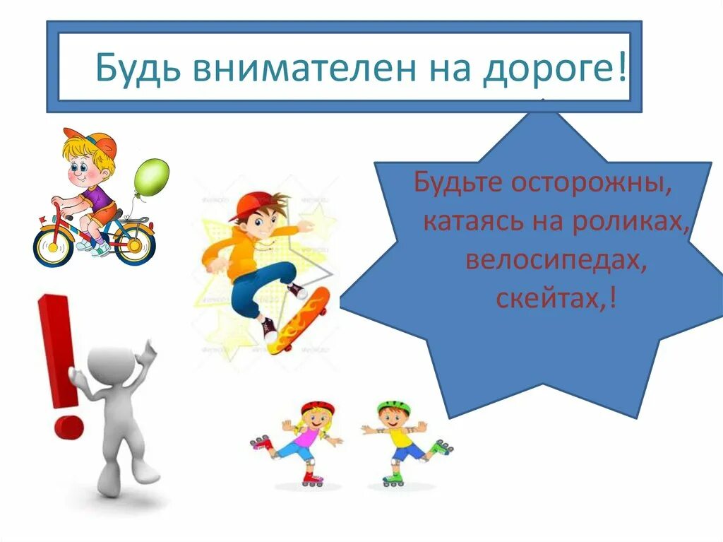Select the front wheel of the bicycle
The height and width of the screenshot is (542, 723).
pyautogui.click(x=53, y=243)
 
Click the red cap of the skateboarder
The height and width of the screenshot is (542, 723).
pyautogui.click(x=251, y=205)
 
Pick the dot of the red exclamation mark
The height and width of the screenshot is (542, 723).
pyautogui.click(x=68, y=427)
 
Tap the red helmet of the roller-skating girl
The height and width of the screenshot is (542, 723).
pyautogui.click(x=318, y=408)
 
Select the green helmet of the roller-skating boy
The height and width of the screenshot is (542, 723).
pyautogui.click(x=393, y=407)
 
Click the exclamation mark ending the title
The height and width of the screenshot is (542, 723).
pyautogui.click(x=621, y=68)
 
